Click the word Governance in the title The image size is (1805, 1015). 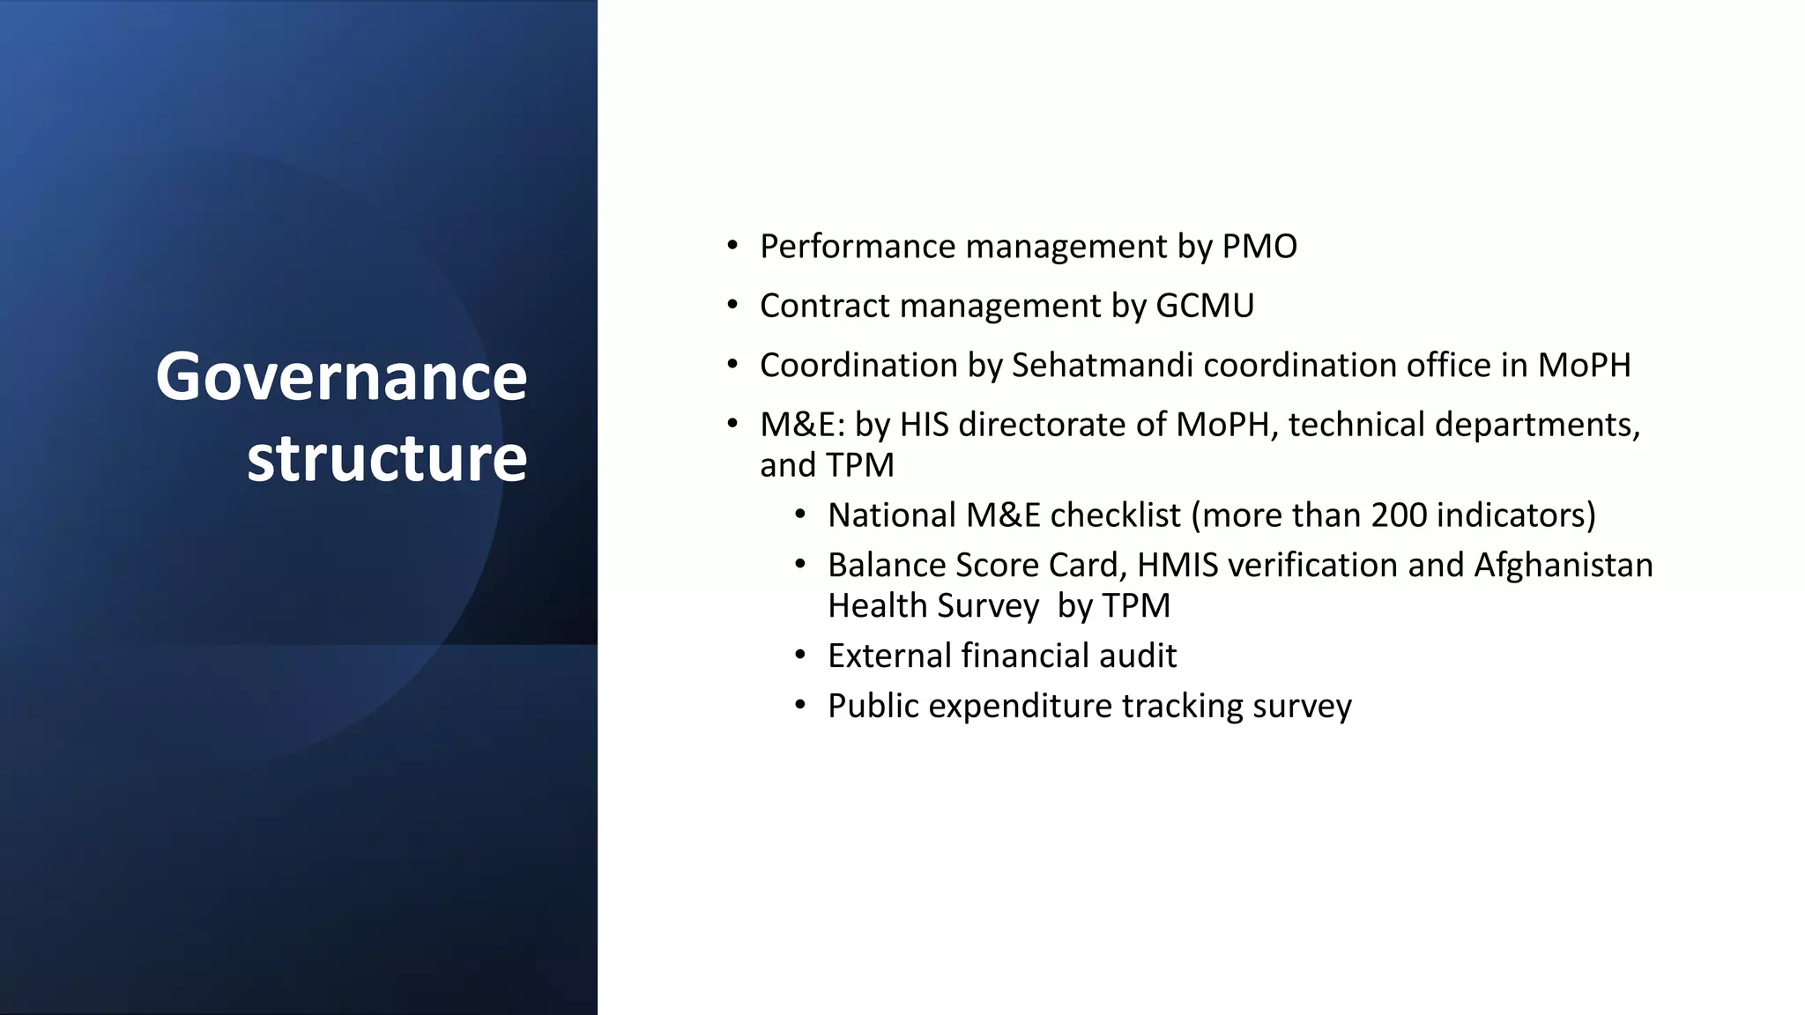click(x=341, y=377)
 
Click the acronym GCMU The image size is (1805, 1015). click(x=1204, y=306)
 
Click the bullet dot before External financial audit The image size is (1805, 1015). click(x=799, y=656)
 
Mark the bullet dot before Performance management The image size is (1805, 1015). click(x=732, y=246)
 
